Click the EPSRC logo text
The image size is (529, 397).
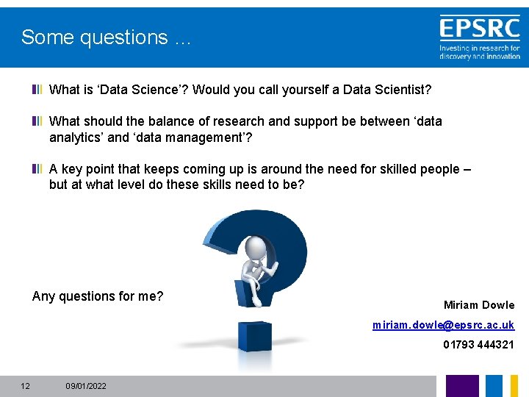(479, 29)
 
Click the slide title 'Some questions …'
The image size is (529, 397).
(106, 37)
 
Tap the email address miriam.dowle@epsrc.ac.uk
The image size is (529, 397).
(443, 325)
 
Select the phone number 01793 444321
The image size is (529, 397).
(478, 344)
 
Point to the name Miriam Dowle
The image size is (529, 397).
(479, 305)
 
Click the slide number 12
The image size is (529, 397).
(25, 386)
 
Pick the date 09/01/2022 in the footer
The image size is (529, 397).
(86, 386)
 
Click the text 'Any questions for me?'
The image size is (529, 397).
(98, 296)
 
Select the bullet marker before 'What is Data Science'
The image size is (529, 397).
(37, 90)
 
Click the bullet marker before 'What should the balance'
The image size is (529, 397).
(37, 121)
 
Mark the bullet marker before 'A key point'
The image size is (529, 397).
(37, 169)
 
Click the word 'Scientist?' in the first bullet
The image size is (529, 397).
(400, 90)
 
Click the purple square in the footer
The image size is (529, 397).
(462, 386)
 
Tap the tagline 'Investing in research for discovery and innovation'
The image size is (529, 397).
(479, 52)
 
